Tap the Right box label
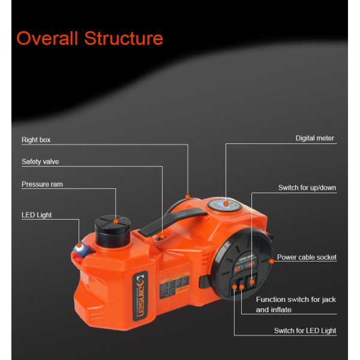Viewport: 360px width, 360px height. coord(36,140)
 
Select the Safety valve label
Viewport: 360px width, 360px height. coord(40,161)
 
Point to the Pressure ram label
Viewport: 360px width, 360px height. coord(42,184)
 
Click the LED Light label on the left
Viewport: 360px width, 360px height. coord(37,215)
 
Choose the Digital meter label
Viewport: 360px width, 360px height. coord(315,138)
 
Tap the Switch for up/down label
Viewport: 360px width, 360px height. coord(307,188)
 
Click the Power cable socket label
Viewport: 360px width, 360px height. coord(307,257)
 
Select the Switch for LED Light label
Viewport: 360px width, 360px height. coord(305,331)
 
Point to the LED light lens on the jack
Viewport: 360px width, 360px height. coord(79,246)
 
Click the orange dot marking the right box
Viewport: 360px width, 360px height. coord(188,196)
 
